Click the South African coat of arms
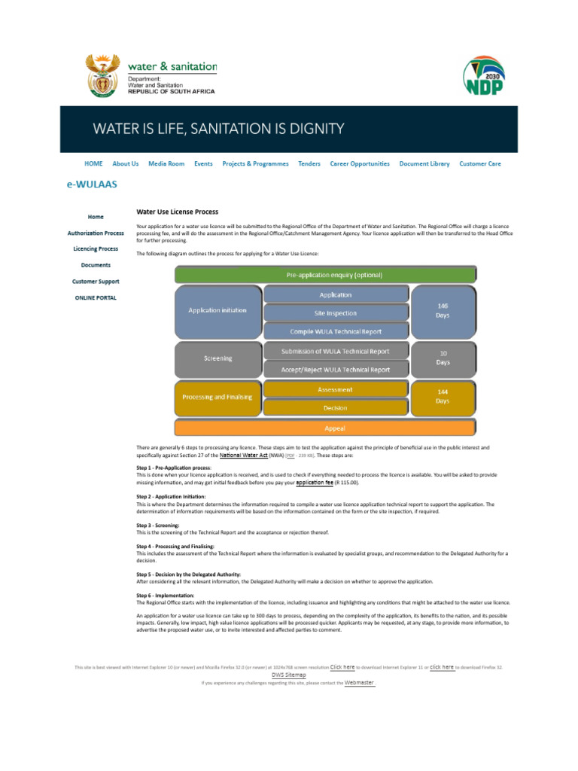point(102,76)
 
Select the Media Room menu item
point(166,163)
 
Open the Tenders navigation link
point(309,163)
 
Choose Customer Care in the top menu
point(479,163)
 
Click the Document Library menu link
point(424,163)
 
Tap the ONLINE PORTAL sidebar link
point(96,297)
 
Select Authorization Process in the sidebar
point(96,233)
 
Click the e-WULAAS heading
point(93,184)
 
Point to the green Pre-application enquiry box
point(325,276)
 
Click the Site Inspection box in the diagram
point(336,313)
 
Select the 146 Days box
point(443,310)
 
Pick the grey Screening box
point(218,358)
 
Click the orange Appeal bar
point(325,428)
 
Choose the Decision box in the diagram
point(336,408)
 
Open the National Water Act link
point(243,456)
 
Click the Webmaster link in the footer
point(359,683)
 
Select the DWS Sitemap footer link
point(289,675)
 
